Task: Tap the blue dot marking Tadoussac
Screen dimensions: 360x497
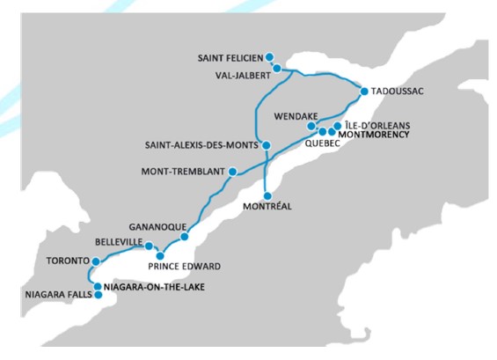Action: (364, 91)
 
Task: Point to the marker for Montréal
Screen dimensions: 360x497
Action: (267, 195)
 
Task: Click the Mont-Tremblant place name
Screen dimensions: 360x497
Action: (183, 172)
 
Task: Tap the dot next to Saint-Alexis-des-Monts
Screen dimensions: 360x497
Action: (267, 145)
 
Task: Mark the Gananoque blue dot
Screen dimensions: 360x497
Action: (185, 237)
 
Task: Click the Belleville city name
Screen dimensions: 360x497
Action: (119, 240)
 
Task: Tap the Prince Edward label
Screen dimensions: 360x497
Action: (185, 267)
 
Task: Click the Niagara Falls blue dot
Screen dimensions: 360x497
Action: (99, 295)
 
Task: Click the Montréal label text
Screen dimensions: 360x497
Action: (269, 208)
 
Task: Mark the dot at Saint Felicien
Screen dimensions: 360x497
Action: (269, 57)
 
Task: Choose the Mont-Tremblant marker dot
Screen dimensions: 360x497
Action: (232, 172)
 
